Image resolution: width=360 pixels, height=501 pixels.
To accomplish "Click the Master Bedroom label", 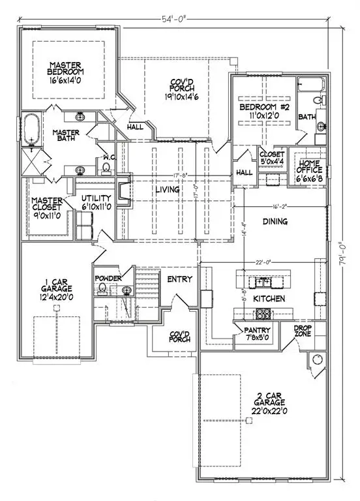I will pos(63,73).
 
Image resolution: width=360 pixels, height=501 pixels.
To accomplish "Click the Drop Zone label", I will pos(302,331).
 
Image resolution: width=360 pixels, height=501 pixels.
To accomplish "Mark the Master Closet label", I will pos(47,206).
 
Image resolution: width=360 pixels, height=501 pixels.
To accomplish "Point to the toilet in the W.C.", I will pos(106,168).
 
